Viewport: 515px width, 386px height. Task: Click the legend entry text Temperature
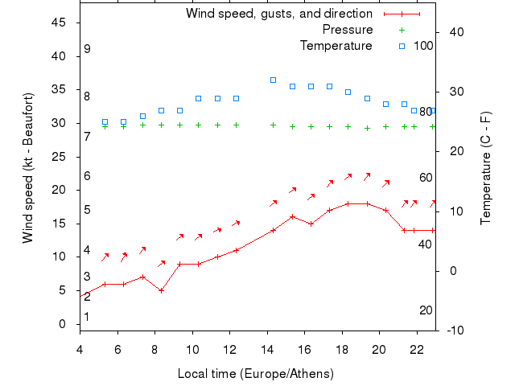[336, 45]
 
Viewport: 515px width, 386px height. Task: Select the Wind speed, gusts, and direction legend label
[278, 14]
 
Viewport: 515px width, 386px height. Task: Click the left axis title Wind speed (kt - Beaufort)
[28, 168]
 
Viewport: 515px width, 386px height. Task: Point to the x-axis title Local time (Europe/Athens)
[255, 374]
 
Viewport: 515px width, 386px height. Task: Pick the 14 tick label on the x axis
[267, 348]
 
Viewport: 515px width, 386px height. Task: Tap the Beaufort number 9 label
[87, 49]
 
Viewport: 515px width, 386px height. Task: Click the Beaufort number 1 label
[87, 317]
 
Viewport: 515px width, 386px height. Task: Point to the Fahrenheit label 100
[423, 45]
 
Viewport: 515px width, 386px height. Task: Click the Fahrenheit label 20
[426, 310]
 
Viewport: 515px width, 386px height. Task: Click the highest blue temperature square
[274, 80]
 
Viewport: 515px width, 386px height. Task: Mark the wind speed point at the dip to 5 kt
[161, 290]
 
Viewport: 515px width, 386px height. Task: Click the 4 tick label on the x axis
[80, 348]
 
